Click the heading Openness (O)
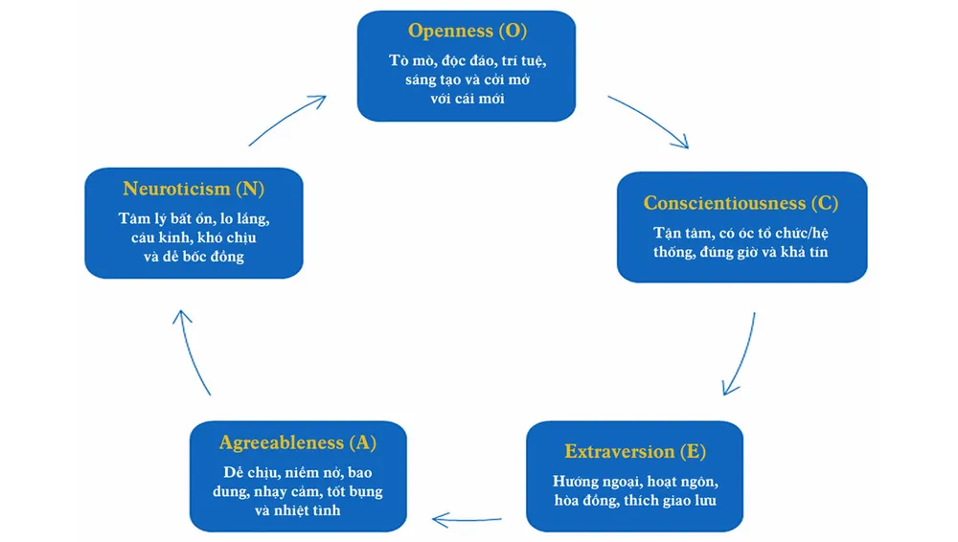coord(467,31)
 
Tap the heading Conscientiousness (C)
coord(741,203)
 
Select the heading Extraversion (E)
coord(634,451)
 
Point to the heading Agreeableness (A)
coord(298,442)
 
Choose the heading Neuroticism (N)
coord(194,189)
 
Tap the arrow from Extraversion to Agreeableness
coord(467,520)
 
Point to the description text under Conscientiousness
coord(741,242)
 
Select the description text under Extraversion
coord(634,489)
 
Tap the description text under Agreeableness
coord(298,491)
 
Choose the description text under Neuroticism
coord(194,237)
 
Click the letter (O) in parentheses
coord(513,31)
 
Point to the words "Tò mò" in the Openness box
coord(408,59)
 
